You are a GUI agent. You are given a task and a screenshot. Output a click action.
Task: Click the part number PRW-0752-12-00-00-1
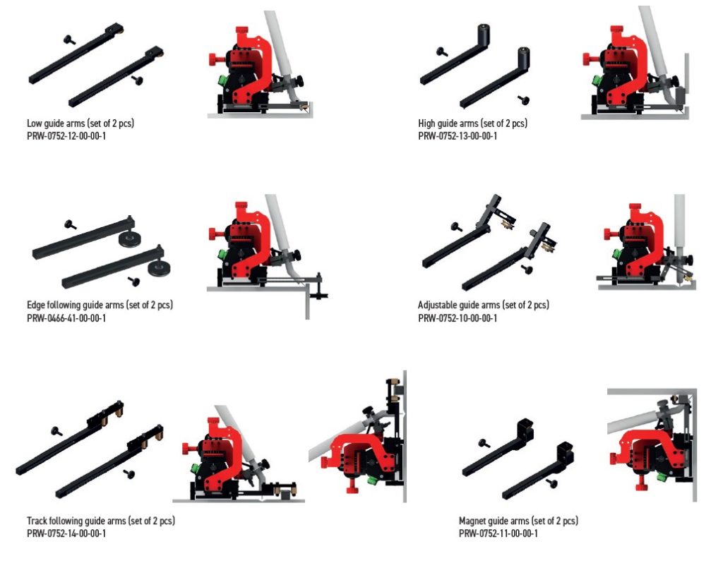66,136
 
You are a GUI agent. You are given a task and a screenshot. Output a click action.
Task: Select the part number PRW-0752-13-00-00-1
458,136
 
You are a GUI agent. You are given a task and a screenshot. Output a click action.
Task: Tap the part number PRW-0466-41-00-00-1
66,318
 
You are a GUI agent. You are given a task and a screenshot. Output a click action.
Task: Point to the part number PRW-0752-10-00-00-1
458,318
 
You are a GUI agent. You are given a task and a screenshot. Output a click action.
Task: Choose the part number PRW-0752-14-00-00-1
66,533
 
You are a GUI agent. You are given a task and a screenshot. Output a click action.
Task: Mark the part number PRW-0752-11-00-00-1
498,533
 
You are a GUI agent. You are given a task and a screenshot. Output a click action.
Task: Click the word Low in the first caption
34,123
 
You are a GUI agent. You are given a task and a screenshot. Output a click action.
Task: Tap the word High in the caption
426,123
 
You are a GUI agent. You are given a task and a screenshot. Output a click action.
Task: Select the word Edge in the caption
35,305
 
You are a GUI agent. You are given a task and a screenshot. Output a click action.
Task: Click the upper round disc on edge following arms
129,238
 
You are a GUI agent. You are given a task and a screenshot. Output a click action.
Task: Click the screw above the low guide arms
70,40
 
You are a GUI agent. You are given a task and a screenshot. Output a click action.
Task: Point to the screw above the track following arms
57,432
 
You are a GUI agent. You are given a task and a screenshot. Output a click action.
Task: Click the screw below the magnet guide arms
551,484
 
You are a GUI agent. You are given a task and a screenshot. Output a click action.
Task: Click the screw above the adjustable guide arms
457,226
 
